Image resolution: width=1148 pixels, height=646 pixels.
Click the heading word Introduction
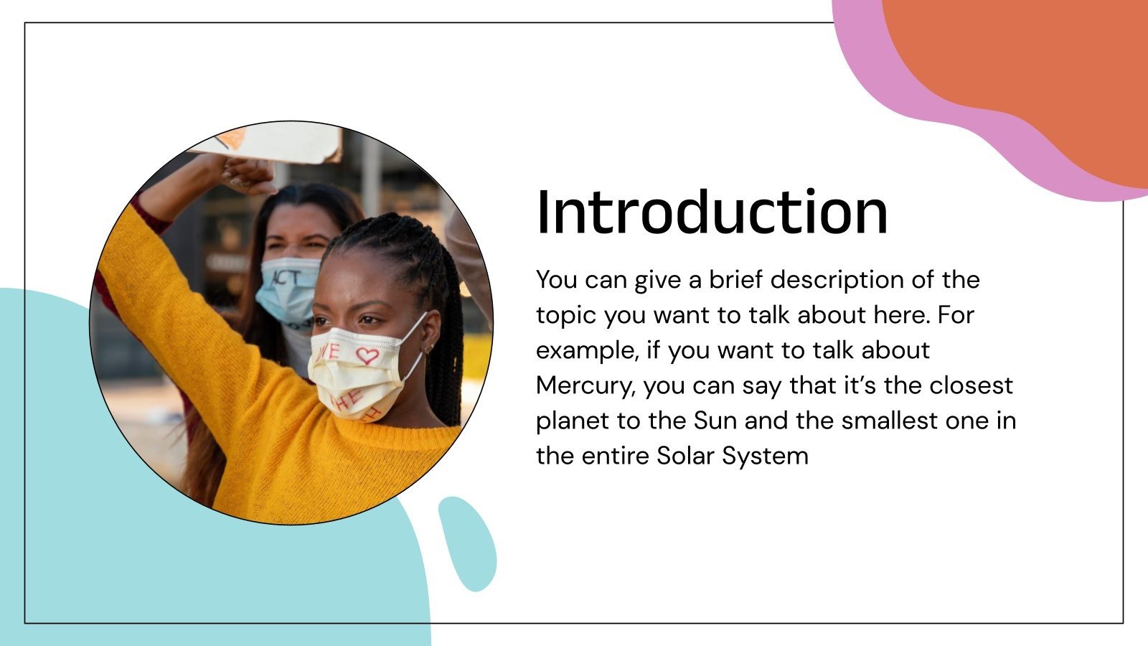(x=712, y=212)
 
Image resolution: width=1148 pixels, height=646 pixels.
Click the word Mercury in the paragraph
(x=585, y=386)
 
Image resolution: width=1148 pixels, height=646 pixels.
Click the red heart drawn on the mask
(x=367, y=355)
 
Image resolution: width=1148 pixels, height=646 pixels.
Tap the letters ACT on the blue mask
(x=285, y=277)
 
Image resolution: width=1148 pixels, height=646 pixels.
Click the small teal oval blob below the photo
(x=468, y=543)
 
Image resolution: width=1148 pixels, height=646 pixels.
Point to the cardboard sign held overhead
(x=280, y=144)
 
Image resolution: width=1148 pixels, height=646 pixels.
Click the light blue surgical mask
(x=287, y=287)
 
